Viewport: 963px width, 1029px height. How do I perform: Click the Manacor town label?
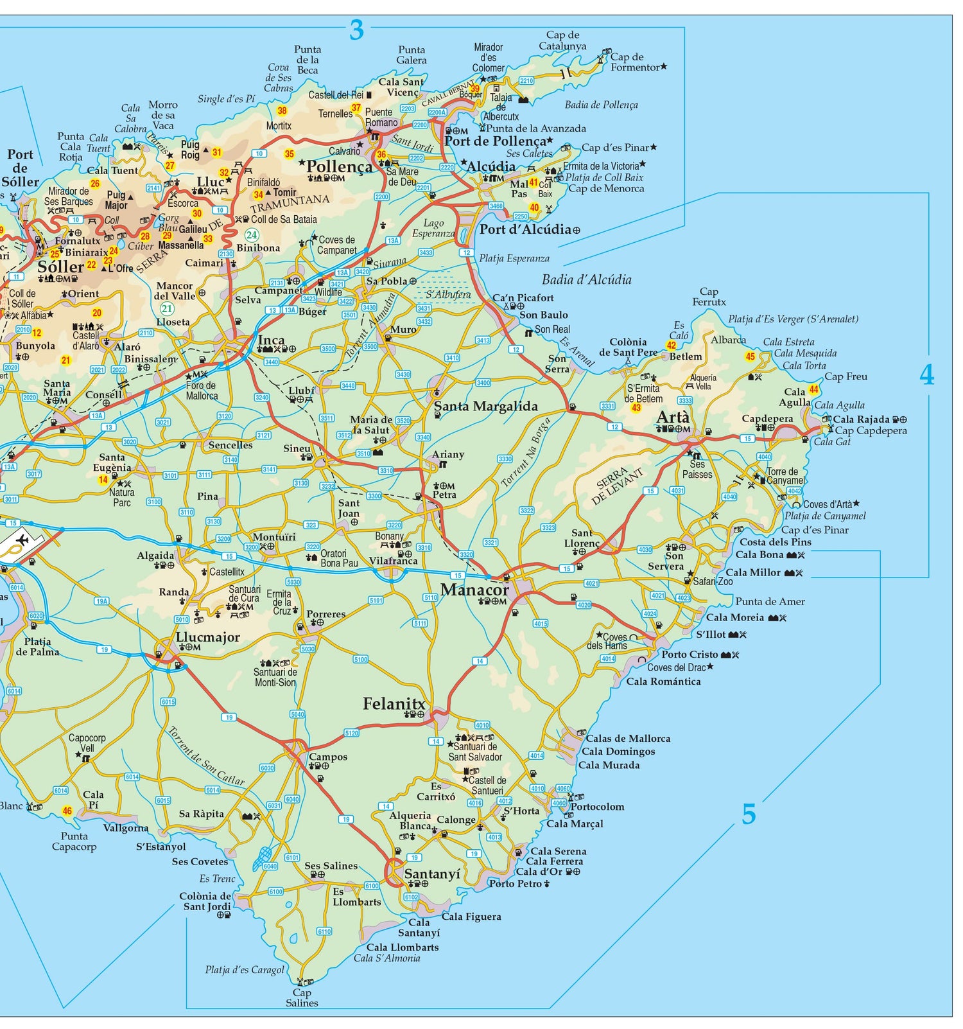pyautogui.click(x=474, y=589)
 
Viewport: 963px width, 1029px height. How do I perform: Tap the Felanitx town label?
pyautogui.click(x=394, y=704)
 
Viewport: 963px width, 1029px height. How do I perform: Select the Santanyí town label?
pyautogui.click(x=432, y=874)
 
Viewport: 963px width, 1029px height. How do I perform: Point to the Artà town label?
pyautogui.click(x=673, y=418)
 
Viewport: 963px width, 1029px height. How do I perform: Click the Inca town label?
pyautogui.click(x=271, y=340)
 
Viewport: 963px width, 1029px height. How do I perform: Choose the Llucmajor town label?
pyautogui.click(x=207, y=637)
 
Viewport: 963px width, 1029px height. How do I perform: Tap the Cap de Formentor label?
pyautogui.click(x=635, y=62)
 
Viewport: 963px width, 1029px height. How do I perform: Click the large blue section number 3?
pyautogui.click(x=356, y=30)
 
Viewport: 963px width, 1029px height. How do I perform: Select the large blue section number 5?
pyautogui.click(x=749, y=814)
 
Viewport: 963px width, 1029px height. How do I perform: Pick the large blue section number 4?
pyautogui.click(x=926, y=374)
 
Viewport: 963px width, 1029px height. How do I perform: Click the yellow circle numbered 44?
pyautogui.click(x=814, y=389)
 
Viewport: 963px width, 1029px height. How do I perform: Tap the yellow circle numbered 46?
pyautogui.click(x=67, y=811)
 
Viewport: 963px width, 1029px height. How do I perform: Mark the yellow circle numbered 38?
pyautogui.click(x=282, y=110)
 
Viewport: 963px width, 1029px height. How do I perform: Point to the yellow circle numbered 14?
pyautogui.click(x=103, y=480)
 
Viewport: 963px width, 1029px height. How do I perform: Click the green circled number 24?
pyautogui.click(x=252, y=235)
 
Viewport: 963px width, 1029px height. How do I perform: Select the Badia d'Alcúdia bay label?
pyautogui.click(x=586, y=279)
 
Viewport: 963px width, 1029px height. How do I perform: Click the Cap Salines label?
pyautogui.click(x=302, y=998)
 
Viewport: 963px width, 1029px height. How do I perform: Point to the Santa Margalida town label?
pyautogui.click(x=485, y=406)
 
